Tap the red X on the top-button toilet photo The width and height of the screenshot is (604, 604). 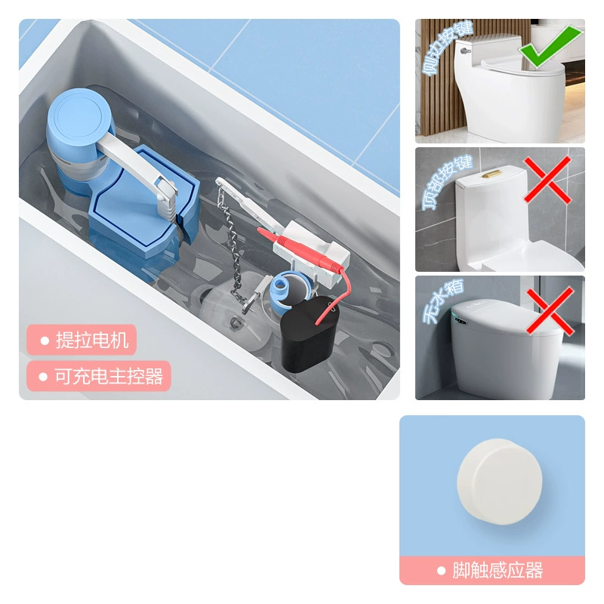[x=547, y=180]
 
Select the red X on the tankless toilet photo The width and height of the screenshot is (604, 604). [x=550, y=311]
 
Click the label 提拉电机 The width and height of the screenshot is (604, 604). [x=92, y=341]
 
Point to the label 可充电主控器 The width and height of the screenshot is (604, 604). [x=109, y=376]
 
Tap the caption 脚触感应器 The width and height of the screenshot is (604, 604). [x=498, y=570]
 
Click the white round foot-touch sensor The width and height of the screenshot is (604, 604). [x=500, y=481]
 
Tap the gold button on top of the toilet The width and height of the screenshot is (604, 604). [x=492, y=174]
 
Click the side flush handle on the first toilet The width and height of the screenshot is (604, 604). [x=466, y=51]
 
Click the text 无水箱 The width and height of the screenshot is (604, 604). [x=442, y=300]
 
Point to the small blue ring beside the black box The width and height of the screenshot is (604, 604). [x=285, y=288]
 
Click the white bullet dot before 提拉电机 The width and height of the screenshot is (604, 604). [x=45, y=341]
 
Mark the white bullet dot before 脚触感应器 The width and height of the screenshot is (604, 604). [x=442, y=571]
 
